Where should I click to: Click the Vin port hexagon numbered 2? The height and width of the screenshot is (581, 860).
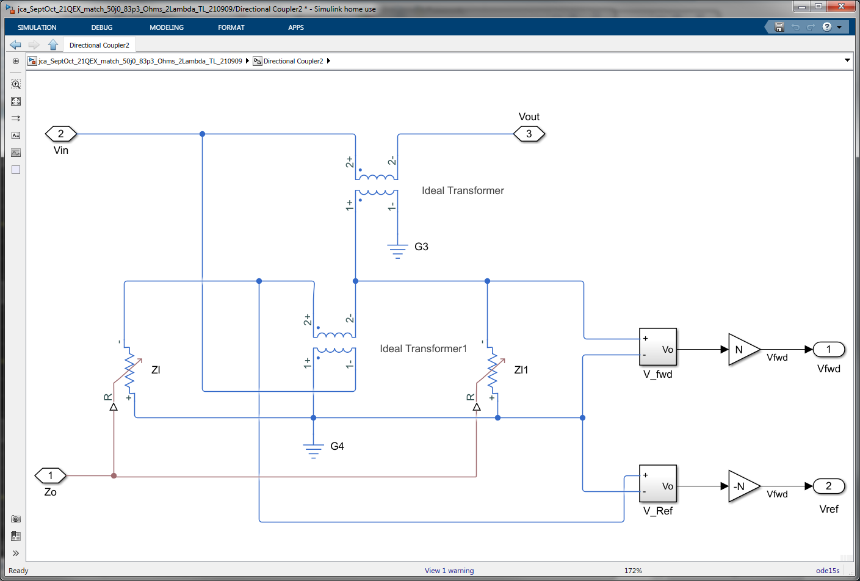[61, 134]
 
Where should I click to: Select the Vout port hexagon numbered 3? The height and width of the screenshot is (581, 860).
[529, 134]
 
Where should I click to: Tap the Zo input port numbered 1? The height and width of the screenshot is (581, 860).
[50, 475]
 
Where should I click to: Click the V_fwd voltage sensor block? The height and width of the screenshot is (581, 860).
[658, 347]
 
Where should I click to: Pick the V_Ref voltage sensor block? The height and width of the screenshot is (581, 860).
[658, 483]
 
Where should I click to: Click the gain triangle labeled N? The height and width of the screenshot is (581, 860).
[744, 350]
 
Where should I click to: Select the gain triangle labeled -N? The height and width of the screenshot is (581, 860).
[744, 486]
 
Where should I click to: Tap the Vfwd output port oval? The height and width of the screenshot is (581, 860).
[828, 349]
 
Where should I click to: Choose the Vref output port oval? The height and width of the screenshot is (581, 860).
[828, 486]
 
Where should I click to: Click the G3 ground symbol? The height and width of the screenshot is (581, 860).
[397, 251]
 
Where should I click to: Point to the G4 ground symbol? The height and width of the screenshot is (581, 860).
[313, 450]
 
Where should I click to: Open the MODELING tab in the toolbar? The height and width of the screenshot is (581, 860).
[167, 27]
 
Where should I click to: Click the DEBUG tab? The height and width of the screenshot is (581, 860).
[102, 27]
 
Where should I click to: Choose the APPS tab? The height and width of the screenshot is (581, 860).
[295, 27]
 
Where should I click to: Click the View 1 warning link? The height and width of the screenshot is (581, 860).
[449, 570]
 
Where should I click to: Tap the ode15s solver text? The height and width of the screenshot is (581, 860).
[828, 570]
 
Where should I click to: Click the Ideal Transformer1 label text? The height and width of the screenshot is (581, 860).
[423, 348]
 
